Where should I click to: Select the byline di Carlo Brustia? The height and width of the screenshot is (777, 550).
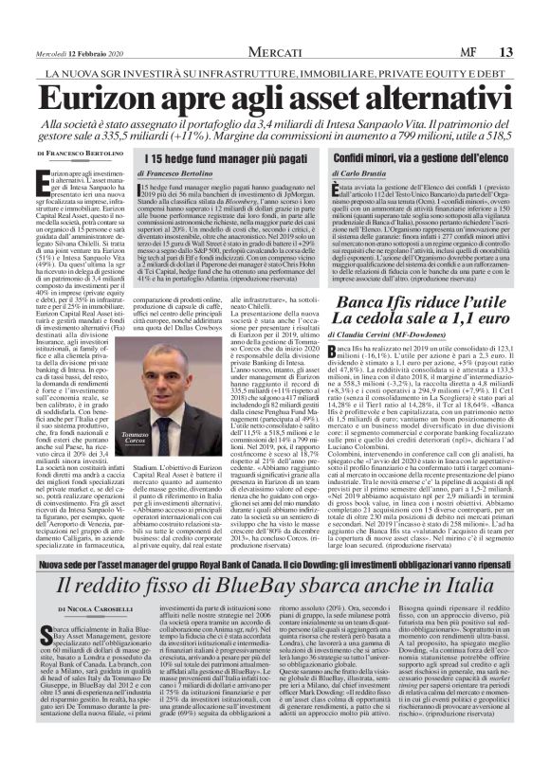pyautogui.click(x=358, y=175)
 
